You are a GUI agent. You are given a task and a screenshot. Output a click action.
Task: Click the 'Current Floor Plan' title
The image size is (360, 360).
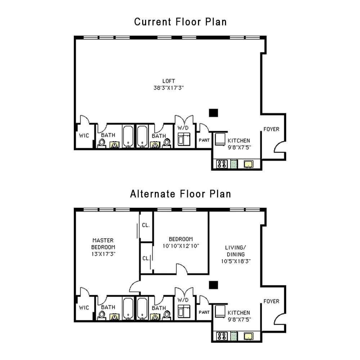pyautogui.click(x=180, y=22)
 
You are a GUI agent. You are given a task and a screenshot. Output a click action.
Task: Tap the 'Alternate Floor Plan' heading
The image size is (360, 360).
pyautogui.click(x=180, y=194)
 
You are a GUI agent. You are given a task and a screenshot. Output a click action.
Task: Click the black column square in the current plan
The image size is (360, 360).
pyautogui.click(x=214, y=113)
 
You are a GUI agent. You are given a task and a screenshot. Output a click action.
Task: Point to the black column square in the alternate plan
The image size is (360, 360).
pyautogui.click(x=214, y=285)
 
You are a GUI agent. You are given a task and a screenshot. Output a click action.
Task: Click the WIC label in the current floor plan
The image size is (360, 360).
pyautogui.click(x=84, y=136)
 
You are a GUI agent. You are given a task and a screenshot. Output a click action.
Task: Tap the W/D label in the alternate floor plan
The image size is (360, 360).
pyautogui.click(x=183, y=300)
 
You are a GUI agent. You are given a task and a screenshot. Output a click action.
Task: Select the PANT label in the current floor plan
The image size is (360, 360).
pyautogui.click(x=204, y=140)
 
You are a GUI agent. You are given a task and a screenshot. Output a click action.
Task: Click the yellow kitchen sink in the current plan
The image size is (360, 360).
pyautogui.click(x=248, y=165)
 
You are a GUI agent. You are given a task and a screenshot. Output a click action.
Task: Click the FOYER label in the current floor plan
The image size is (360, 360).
pyautogui.click(x=271, y=129)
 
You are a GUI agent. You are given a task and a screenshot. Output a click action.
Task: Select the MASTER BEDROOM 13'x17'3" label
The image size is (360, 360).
pyautogui.click(x=103, y=247)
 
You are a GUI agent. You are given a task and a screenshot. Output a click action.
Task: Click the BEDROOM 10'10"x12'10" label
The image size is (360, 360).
pyautogui.click(x=181, y=242)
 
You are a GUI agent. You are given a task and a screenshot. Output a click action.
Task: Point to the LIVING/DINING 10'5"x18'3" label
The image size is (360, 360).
pyautogui.click(x=235, y=254)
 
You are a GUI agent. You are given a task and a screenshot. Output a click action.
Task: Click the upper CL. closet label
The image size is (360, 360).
pyautogui.click(x=146, y=226)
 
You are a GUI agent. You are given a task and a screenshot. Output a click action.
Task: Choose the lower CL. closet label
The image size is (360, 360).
pyautogui.click(x=145, y=258)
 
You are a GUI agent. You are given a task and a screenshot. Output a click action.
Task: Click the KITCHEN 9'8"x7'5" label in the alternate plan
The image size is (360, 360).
pyautogui.click(x=239, y=316)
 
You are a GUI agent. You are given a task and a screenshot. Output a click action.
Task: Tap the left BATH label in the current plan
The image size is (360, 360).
pyautogui.click(x=108, y=135)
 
